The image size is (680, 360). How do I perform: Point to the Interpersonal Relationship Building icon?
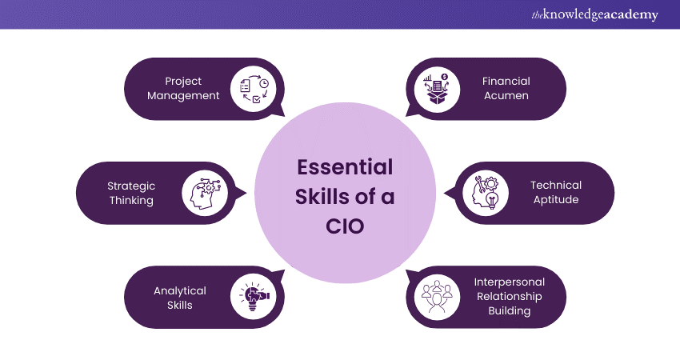click(435, 298)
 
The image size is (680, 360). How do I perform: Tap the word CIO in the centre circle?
click(345, 226)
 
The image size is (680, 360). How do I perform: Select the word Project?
click(183, 81)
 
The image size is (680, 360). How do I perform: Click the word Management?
click(184, 96)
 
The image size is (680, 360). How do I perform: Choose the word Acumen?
click(506, 96)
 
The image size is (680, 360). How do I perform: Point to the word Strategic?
click(131, 186)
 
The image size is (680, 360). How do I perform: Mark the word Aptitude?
click(556, 200)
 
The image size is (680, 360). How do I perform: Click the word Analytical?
click(180, 290)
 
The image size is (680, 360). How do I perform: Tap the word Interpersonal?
click(510, 282)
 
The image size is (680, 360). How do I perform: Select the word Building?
click(510, 311)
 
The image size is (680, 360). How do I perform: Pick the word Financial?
click(506, 81)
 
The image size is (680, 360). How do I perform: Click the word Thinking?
click(131, 200)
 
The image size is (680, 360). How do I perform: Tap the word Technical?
click(556, 186)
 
